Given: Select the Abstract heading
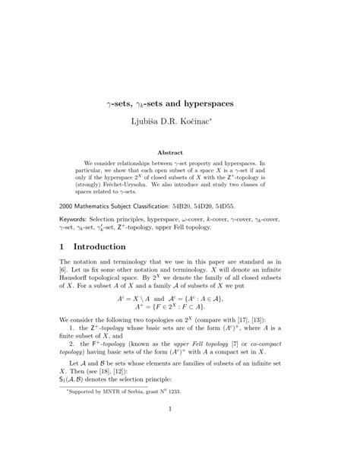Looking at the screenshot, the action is point(180,152).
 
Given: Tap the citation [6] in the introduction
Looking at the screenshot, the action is point(65,281).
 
